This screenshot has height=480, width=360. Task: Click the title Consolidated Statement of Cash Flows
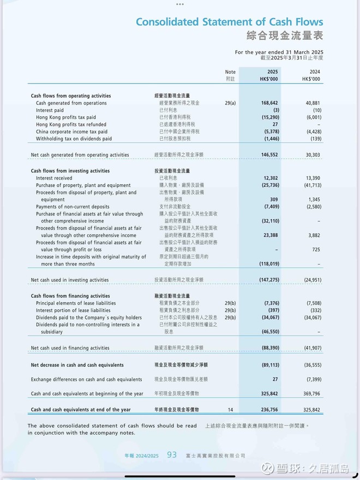229,22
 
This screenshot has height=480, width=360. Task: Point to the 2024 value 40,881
310,103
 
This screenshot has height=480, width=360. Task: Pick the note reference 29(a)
230,103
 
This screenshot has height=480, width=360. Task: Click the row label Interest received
54,178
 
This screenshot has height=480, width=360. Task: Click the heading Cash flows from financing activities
70,296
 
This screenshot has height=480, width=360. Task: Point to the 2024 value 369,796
309,393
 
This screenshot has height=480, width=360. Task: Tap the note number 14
230,410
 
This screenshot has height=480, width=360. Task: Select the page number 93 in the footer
172,455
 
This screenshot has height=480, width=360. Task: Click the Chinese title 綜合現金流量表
285,36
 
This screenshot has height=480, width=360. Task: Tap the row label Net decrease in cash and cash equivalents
77,365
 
